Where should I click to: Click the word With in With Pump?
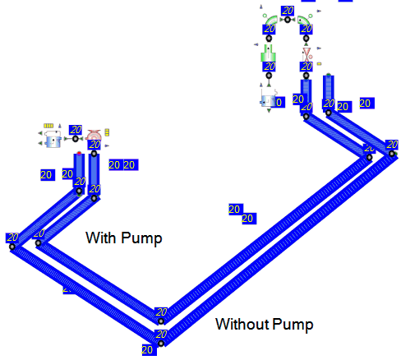coord(100,238)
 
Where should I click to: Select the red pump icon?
coord(94,135)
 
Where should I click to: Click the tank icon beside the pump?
coord(53,139)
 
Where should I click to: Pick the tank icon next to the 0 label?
coord(268,100)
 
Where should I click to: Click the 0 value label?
coord(279,102)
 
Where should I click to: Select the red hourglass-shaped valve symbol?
coord(306,54)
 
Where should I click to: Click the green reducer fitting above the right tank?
coord(269,53)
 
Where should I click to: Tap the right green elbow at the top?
coord(303,21)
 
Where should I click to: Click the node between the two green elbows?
coord(288,20)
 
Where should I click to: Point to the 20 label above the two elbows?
coord(288,11)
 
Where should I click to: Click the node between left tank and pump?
coord(76,139)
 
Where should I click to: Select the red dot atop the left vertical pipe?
coord(79,153)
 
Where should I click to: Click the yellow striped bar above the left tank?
coord(48,126)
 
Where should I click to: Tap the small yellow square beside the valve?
coord(319,64)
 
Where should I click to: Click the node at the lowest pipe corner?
coord(161,344)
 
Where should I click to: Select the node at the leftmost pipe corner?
coord(12,247)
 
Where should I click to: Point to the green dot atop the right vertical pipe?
coord(329,75)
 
